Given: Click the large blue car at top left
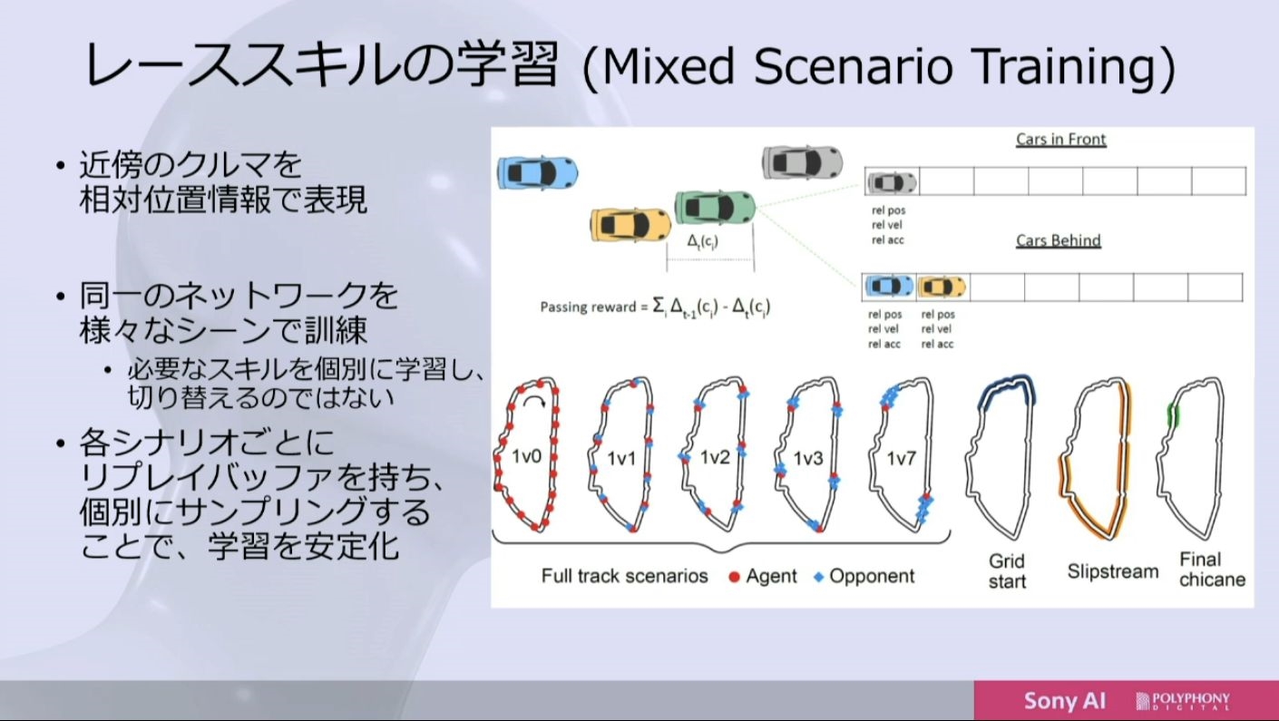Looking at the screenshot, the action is tap(537, 172).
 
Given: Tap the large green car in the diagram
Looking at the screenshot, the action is tap(715, 207).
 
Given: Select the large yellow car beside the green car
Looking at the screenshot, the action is tap(630, 224).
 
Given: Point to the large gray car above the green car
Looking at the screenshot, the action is tap(802, 162).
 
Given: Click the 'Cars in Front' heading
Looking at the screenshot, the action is tap(1061, 140).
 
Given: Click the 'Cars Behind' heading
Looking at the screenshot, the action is tap(1058, 240).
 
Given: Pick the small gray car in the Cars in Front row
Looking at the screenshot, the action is tap(892, 182).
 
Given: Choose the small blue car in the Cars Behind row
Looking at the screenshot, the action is tap(889, 286).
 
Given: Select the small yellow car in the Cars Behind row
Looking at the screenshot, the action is tap(942, 287).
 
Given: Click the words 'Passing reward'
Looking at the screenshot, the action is tap(588, 307).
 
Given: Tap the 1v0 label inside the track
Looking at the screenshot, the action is tap(526, 456).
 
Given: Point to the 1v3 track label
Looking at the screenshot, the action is tap(808, 458).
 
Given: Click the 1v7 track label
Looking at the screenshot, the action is tap(901, 458).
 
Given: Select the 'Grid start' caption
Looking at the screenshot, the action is tap(1007, 570).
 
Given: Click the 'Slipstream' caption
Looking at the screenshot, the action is tap(1113, 570).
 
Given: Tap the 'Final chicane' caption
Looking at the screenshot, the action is tap(1212, 570).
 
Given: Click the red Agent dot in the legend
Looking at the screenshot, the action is tap(734, 577).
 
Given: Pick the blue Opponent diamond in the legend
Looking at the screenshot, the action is tap(819, 577).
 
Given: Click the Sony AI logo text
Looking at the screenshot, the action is tap(1065, 700).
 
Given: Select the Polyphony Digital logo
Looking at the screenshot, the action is tap(1183, 701).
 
